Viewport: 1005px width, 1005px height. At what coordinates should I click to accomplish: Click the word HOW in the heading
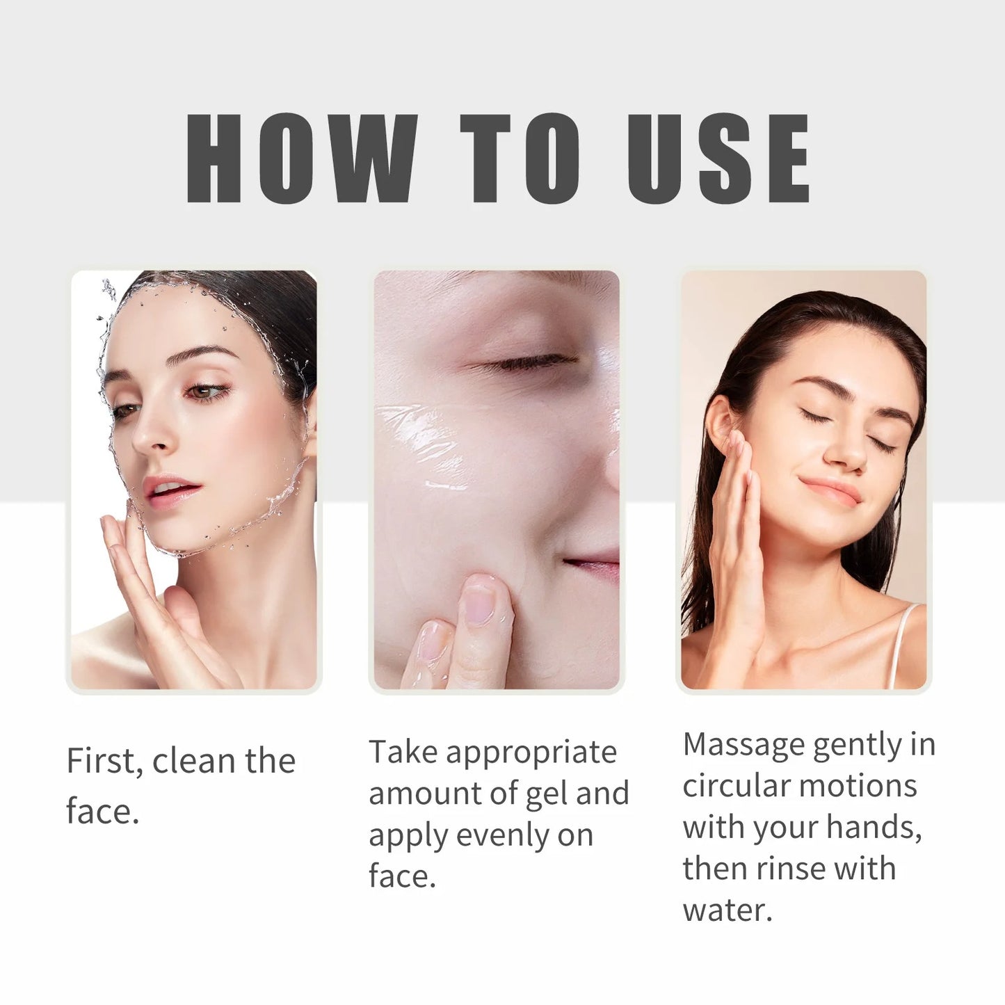click(x=300, y=159)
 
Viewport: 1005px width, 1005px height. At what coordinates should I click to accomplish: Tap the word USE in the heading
click(x=718, y=159)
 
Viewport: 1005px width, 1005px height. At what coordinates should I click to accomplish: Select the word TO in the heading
click(x=520, y=159)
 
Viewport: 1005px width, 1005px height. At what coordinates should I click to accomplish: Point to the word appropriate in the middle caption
click(x=531, y=753)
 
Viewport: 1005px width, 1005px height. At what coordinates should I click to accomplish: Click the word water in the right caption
click(x=725, y=910)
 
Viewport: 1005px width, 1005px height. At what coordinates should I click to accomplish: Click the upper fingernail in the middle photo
click(x=479, y=603)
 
